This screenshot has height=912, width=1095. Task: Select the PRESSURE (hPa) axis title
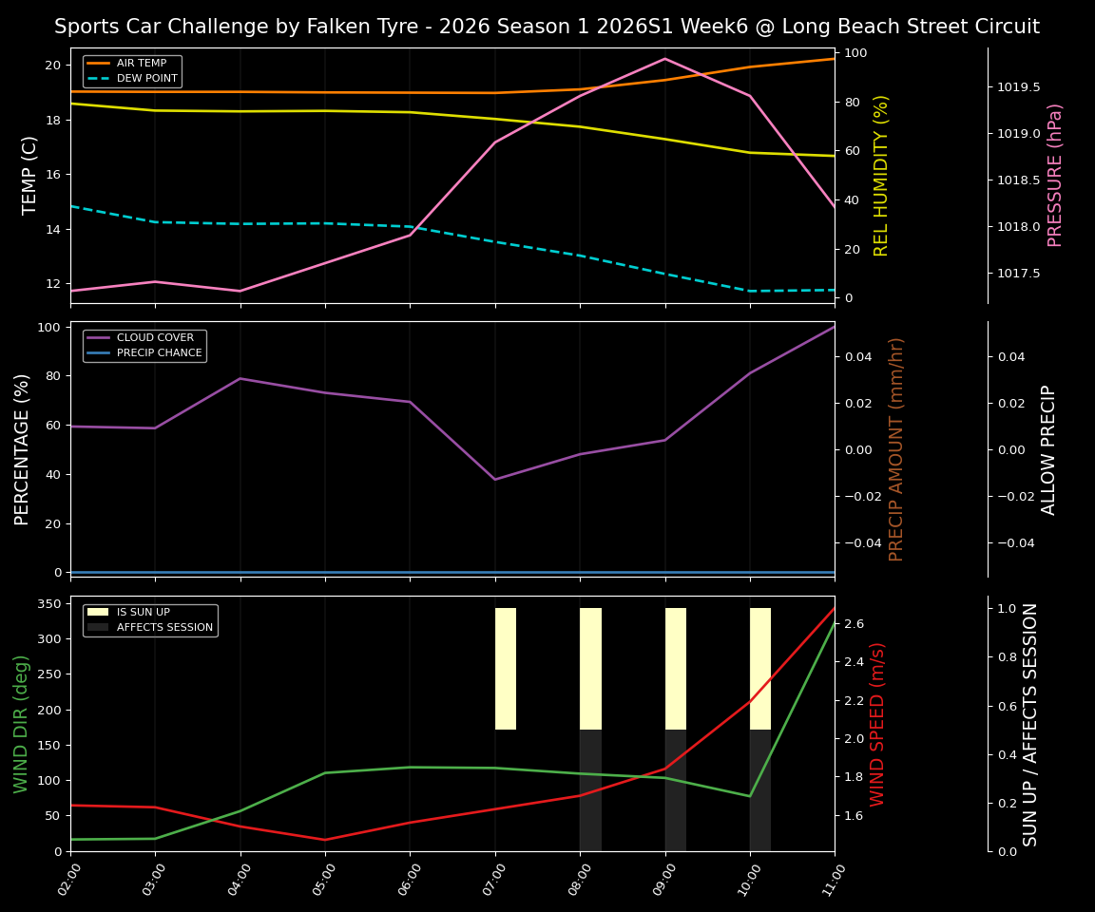pos(1055,175)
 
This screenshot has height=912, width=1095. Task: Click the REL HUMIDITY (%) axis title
pos(881,175)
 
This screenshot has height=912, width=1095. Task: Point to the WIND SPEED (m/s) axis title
pos(878,724)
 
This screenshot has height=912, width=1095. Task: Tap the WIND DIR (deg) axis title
pos(21,724)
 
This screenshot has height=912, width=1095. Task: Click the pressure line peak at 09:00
pos(664,59)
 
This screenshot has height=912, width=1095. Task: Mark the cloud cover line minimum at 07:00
pos(494,479)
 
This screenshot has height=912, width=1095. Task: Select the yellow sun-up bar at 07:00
pos(506,669)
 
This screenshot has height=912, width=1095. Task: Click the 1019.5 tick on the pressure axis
pos(1018,87)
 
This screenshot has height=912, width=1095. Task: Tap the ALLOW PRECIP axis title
pos(1048,449)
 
